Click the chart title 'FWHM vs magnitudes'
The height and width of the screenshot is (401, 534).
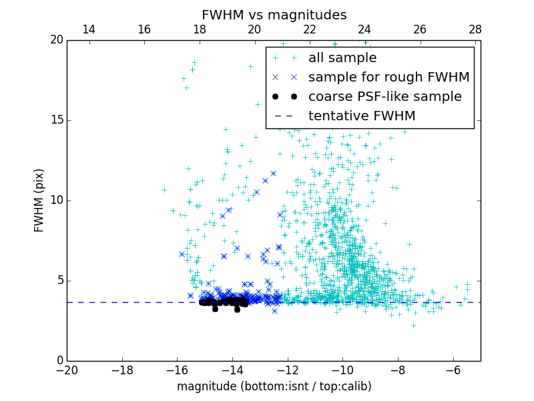click(x=274, y=15)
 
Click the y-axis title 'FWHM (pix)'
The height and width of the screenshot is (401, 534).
click(x=39, y=200)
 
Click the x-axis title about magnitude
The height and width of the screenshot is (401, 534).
click(x=274, y=386)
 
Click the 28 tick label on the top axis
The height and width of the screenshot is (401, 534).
click(x=475, y=29)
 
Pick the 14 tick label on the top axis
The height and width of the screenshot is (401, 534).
click(x=88, y=29)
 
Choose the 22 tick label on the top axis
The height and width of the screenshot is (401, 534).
click(x=309, y=29)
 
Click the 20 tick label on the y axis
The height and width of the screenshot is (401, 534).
click(x=55, y=40)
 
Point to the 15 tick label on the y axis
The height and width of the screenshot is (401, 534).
click(x=55, y=120)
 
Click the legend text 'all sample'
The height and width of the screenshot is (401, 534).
click(x=342, y=58)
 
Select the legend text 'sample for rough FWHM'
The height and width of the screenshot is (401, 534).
click(x=388, y=78)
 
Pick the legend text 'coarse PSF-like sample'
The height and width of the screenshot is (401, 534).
click(x=384, y=97)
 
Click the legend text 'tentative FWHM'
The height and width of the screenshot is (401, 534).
click(x=362, y=116)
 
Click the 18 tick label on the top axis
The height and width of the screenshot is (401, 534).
click(x=199, y=29)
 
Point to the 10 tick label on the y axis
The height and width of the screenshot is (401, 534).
click(x=55, y=200)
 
